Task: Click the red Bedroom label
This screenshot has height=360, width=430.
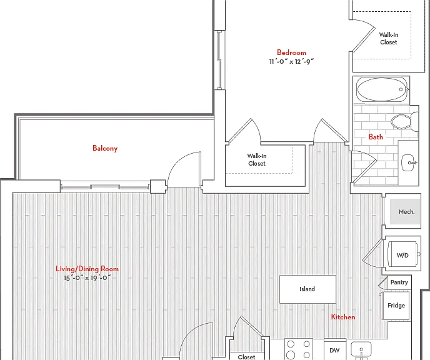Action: tap(291, 52)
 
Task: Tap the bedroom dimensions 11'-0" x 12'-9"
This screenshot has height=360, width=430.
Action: tap(291, 61)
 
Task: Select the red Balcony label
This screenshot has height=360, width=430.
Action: tap(105, 148)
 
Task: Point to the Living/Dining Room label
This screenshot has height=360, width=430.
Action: tap(87, 269)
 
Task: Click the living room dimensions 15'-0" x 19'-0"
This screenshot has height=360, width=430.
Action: tap(87, 277)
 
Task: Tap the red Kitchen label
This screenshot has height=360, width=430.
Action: tap(343, 317)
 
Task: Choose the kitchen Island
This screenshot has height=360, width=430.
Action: tap(307, 289)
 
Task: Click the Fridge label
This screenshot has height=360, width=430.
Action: tap(396, 306)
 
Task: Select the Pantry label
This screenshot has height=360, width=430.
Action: tap(399, 282)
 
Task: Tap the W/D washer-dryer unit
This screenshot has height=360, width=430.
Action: tap(402, 254)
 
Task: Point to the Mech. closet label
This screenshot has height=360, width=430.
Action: tap(406, 212)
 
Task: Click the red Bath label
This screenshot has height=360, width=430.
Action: tap(376, 137)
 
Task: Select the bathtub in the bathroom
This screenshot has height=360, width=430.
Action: tap(383, 89)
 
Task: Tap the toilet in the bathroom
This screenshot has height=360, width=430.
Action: tap(404, 122)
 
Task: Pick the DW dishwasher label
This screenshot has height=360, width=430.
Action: tap(334, 351)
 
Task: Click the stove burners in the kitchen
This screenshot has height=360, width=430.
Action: tap(299, 349)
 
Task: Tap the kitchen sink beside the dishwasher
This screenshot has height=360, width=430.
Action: tap(361, 351)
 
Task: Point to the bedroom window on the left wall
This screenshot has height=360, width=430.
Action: tap(219, 60)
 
